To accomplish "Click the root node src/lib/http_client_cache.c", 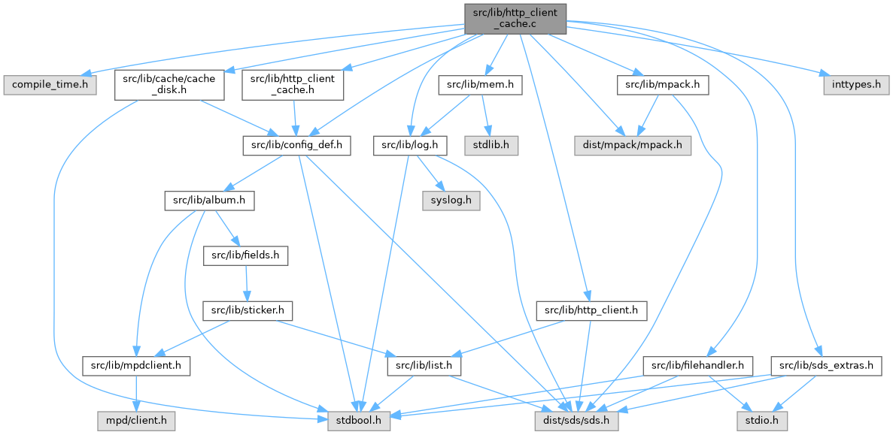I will (x=515, y=17).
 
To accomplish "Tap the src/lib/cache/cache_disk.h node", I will (x=169, y=85).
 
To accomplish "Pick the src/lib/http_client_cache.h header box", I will (x=293, y=85).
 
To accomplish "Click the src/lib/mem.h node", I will (x=481, y=85).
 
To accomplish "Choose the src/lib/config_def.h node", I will (x=296, y=145).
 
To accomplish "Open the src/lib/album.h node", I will (x=210, y=201).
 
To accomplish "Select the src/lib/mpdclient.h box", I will (x=136, y=366).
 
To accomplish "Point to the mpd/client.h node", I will (x=136, y=421).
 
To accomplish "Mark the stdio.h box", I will (x=763, y=421).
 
